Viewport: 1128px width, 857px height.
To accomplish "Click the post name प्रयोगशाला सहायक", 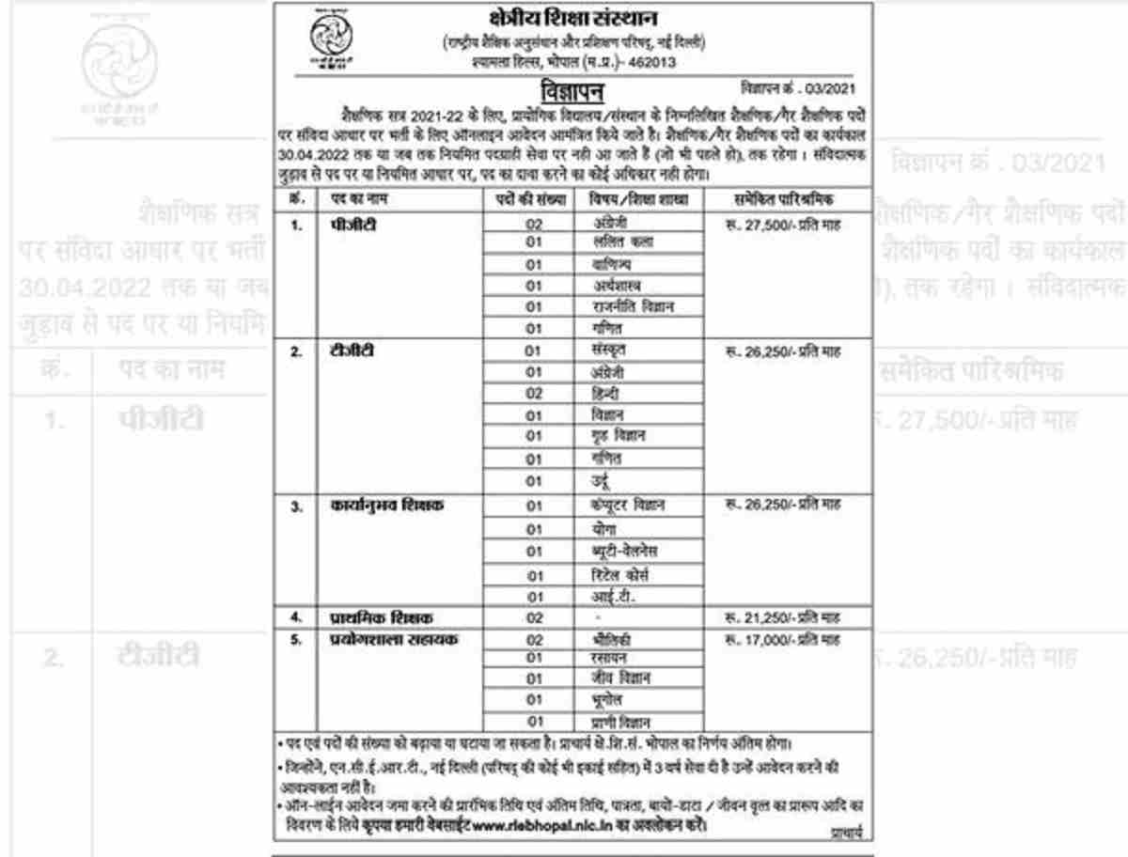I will coord(386,640).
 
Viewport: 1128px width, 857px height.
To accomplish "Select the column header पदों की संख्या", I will coord(533,199).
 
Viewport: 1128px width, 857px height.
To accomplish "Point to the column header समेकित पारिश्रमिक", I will coord(783,199).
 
